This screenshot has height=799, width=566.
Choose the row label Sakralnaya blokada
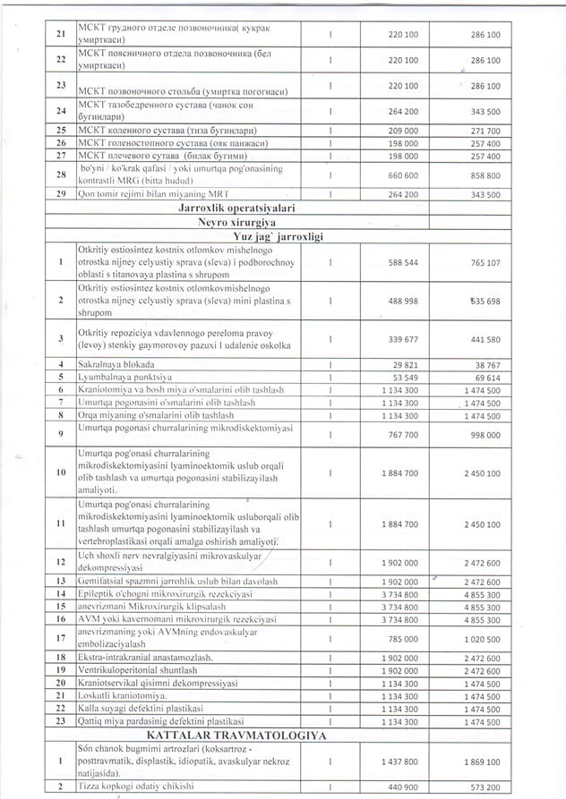tap(116, 365)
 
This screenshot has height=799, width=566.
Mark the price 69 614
tap(485, 378)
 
